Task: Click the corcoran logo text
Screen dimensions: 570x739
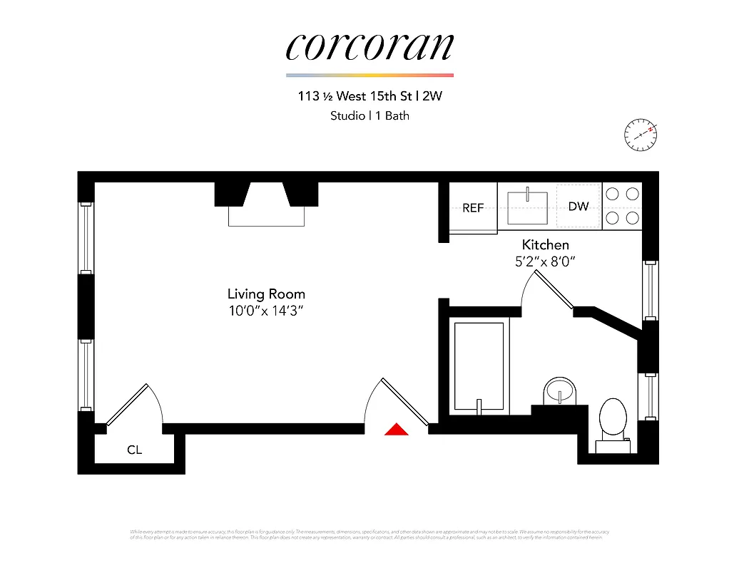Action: pyautogui.click(x=369, y=47)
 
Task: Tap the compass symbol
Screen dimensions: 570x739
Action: pyautogui.click(x=640, y=134)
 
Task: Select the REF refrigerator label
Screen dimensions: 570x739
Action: pyautogui.click(x=473, y=208)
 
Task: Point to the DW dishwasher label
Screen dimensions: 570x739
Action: pyautogui.click(x=579, y=207)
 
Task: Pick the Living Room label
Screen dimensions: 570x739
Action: pyautogui.click(x=266, y=294)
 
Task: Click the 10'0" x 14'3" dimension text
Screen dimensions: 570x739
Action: pyautogui.click(x=266, y=311)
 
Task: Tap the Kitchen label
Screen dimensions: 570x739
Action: pyautogui.click(x=545, y=244)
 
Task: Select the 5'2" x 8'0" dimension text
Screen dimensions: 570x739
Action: pyautogui.click(x=545, y=261)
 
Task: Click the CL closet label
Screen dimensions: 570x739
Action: pyautogui.click(x=134, y=450)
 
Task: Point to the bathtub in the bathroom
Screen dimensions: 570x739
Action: pyautogui.click(x=480, y=366)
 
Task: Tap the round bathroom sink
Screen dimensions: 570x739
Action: pyautogui.click(x=560, y=391)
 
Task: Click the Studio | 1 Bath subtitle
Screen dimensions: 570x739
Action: pyautogui.click(x=369, y=115)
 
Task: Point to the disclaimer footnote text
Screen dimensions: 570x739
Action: pyautogui.click(x=369, y=534)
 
